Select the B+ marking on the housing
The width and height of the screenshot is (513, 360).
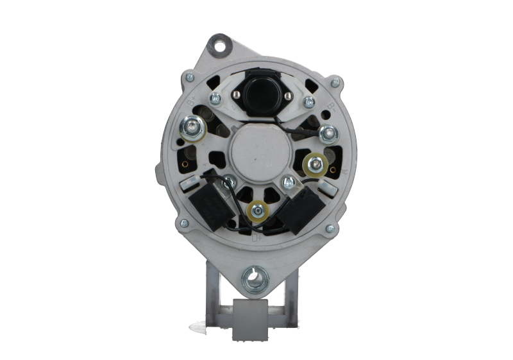click(191, 103)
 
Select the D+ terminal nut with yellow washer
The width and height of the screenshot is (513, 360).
click(258, 209)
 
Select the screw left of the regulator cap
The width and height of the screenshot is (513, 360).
click(215, 98)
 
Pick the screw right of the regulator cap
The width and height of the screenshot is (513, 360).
click(309, 100)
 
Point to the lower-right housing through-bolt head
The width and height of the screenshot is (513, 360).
click(329, 227)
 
